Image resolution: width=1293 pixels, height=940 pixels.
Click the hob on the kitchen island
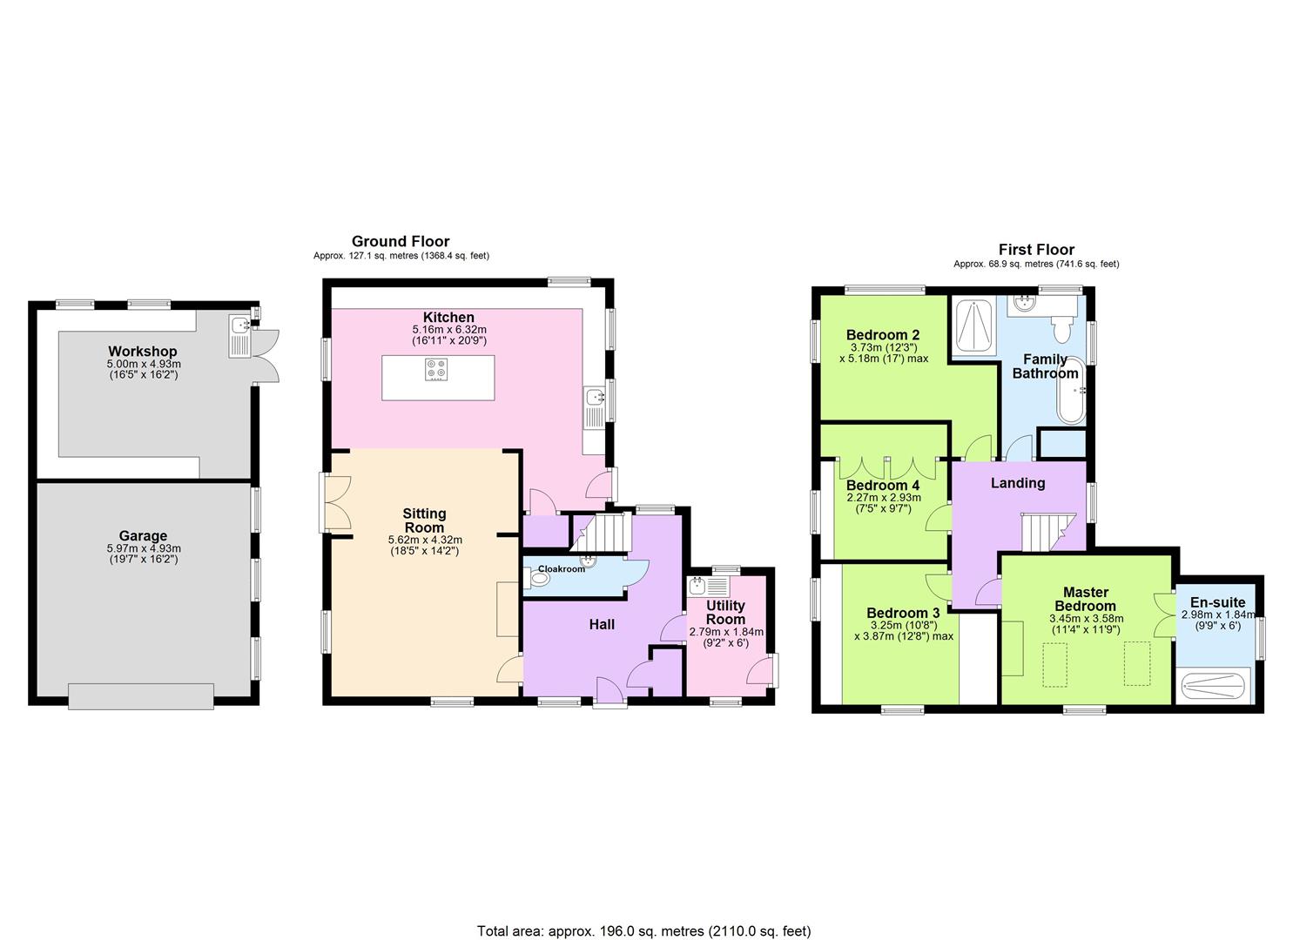pyautogui.click(x=436, y=370)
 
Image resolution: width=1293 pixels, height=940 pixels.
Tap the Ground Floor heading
pyautogui.click(x=400, y=241)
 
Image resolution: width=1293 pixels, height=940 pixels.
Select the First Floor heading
pyautogui.click(x=1036, y=250)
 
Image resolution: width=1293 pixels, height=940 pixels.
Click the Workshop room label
pyautogui.click(x=142, y=351)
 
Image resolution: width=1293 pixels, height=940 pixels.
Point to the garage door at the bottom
pyautogui.click(x=141, y=696)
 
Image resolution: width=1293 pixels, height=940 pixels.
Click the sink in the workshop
pyautogui.click(x=239, y=336)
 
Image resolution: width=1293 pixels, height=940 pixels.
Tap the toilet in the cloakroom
pyautogui.click(x=535, y=578)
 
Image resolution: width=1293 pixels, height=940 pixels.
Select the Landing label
pyautogui.click(x=1018, y=483)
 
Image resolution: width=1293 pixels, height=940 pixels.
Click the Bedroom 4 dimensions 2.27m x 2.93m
pyautogui.click(x=884, y=497)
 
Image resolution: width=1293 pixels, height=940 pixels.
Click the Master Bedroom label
pyautogui.click(x=1085, y=599)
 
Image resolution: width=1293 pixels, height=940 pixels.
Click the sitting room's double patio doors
pyautogui.click(x=336, y=502)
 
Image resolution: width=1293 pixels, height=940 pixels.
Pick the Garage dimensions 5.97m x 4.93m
pyautogui.click(x=144, y=548)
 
